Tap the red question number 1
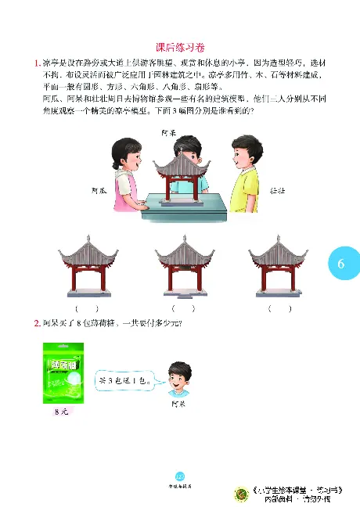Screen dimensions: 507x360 pos(37,63)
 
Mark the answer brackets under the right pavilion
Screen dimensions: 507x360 pos(279,308)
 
